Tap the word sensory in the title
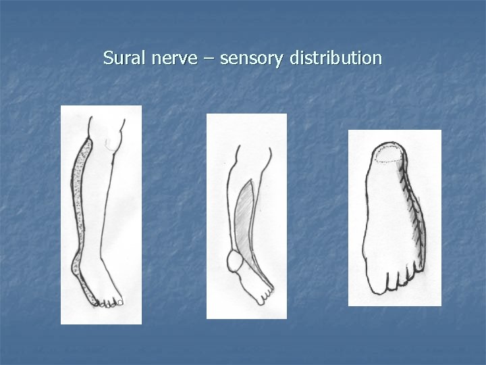pyautogui.click(x=253, y=59)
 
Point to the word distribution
pyautogui.click(x=335, y=58)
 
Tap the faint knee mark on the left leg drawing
pyautogui.click(x=111, y=142)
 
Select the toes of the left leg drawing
pyautogui.click(x=108, y=303)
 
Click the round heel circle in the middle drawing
pyautogui.click(x=236, y=260)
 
